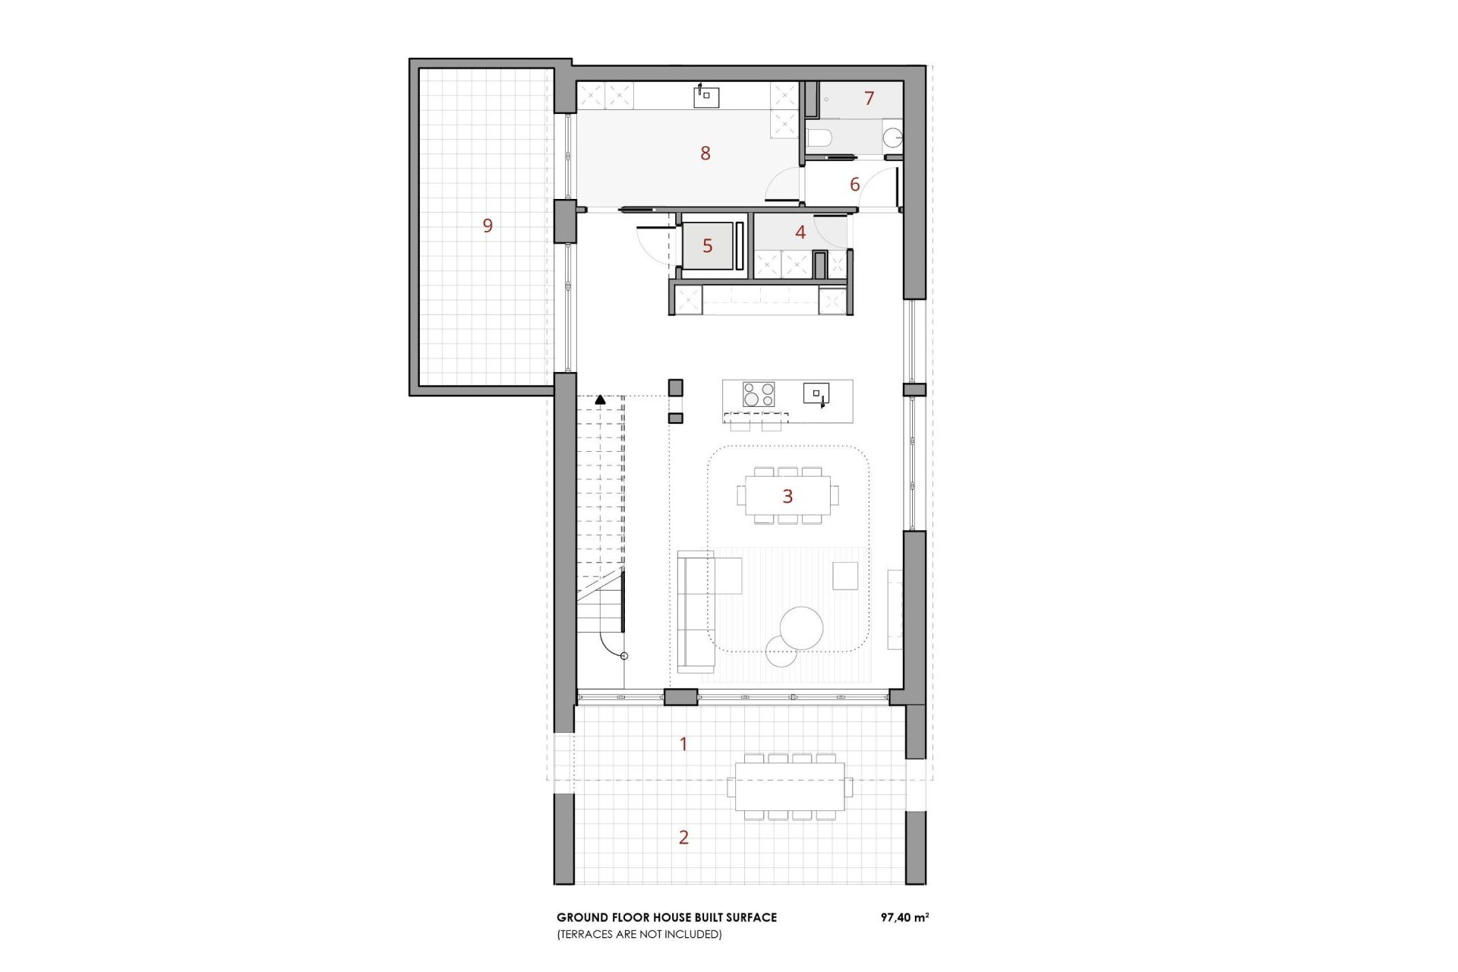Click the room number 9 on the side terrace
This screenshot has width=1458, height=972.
(x=488, y=226)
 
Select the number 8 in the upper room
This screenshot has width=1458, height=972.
(x=705, y=153)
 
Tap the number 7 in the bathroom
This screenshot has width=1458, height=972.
(x=869, y=98)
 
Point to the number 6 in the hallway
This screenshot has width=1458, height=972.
(x=855, y=185)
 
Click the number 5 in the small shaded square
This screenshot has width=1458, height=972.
(x=708, y=246)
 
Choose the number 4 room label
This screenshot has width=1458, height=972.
(x=800, y=232)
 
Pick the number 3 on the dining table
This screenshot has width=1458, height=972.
(x=787, y=497)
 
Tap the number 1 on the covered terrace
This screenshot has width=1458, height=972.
(x=683, y=744)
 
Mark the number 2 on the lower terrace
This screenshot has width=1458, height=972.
(x=683, y=837)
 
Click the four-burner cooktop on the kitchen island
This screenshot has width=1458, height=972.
(x=759, y=394)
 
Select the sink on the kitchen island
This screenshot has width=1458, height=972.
(x=816, y=393)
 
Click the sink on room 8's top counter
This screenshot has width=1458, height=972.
(x=706, y=96)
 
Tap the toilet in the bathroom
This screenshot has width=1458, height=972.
(x=820, y=137)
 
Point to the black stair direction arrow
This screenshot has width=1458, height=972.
(x=600, y=399)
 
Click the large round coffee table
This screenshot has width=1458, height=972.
(x=801, y=628)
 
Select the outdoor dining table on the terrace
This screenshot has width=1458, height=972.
(x=790, y=787)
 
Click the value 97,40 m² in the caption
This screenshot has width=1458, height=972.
(x=904, y=917)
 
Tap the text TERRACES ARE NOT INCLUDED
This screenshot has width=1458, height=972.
(x=639, y=934)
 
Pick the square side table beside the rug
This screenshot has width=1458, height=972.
(x=845, y=575)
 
